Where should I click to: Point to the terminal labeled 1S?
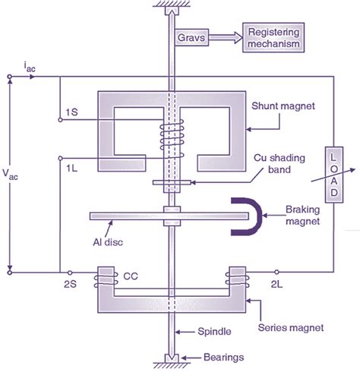(x=71, y=112)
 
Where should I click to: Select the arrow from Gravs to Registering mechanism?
(x=226, y=36)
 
